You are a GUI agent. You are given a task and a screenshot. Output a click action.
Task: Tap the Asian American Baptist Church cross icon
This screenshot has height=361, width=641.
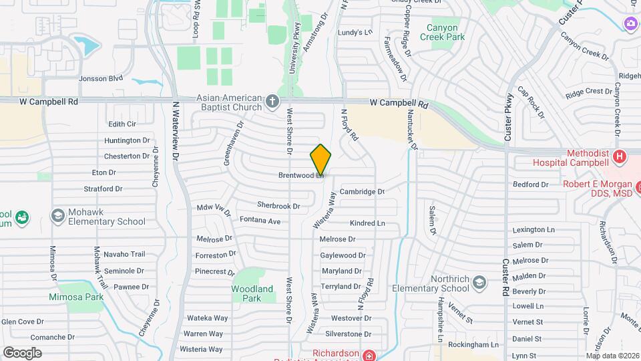click(272, 102)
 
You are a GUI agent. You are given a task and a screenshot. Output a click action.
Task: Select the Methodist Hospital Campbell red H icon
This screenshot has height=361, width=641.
click(620, 157)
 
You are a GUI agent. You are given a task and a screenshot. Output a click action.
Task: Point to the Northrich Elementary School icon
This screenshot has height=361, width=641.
click(479, 283)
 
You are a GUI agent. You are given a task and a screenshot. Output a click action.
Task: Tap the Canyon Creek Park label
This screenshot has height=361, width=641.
click(442, 33)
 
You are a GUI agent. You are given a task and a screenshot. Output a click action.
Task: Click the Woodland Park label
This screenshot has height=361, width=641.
click(252, 293)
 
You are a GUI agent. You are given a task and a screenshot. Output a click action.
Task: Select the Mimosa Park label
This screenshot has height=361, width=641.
click(75, 297)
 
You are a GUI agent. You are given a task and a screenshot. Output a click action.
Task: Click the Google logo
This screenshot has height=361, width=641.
click(22, 352)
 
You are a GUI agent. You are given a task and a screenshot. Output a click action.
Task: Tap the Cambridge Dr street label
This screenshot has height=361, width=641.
click(362, 191)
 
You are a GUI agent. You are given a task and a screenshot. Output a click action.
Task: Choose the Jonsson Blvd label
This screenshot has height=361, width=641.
click(101, 78)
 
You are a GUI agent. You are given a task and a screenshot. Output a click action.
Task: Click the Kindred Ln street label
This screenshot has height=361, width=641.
click(367, 223)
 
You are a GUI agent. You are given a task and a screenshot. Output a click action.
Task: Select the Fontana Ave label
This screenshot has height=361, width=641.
click(260, 220)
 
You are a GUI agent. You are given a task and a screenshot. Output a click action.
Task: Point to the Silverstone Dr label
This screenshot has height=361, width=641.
click(348, 334)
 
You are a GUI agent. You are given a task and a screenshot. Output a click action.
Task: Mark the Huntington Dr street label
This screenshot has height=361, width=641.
click(127, 140)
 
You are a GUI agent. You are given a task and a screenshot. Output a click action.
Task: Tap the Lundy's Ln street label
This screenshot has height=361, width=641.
click(354, 32)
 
